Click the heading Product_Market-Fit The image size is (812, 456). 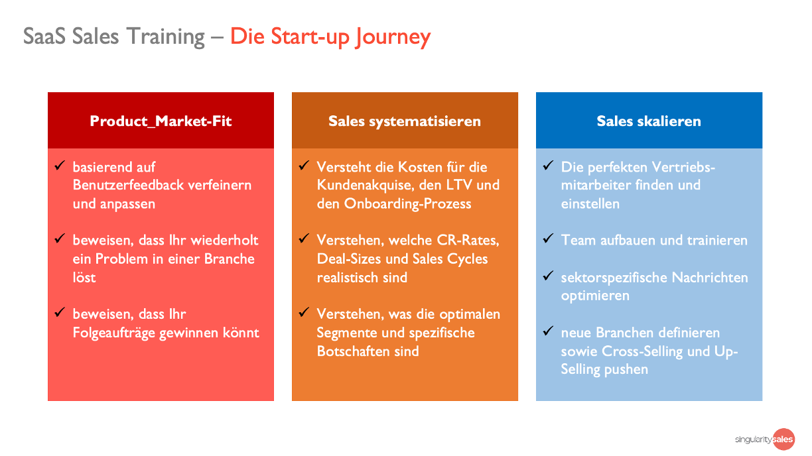click(x=161, y=121)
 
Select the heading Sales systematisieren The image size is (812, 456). click(x=405, y=121)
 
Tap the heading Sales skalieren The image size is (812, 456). click(x=649, y=121)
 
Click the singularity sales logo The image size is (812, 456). click(x=764, y=439)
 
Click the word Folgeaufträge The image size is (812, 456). click(x=114, y=333)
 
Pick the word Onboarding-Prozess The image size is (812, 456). click(x=407, y=203)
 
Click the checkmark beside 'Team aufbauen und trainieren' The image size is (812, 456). click(x=548, y=239)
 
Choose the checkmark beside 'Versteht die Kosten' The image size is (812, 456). click(x=304, y=165)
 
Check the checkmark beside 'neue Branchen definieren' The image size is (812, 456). click(x=548, y=331)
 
